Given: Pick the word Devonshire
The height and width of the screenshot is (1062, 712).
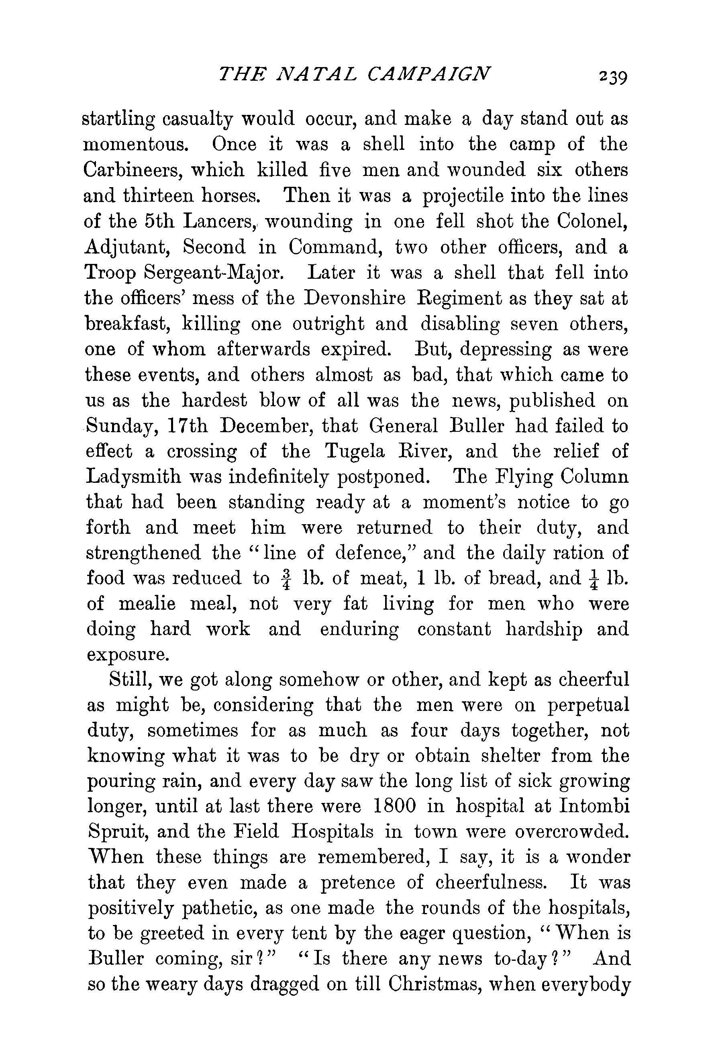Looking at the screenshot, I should click(355, 298).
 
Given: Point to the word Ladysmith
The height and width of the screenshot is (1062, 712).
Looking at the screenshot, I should click(131, 477).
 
